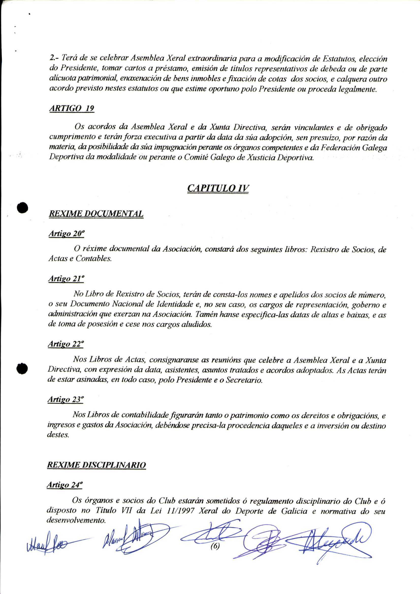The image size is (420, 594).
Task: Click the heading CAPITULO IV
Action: (218, 188)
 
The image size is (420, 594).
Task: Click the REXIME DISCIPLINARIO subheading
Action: (96, 465)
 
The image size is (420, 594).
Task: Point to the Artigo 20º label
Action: (67, 234)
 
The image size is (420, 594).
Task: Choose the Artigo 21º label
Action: (66, 279)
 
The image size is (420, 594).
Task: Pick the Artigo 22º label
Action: (66, 344)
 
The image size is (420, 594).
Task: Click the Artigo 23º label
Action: (66, 400)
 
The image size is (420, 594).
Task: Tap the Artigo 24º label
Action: (64, 485)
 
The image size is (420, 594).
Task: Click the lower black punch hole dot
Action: (22, 368)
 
